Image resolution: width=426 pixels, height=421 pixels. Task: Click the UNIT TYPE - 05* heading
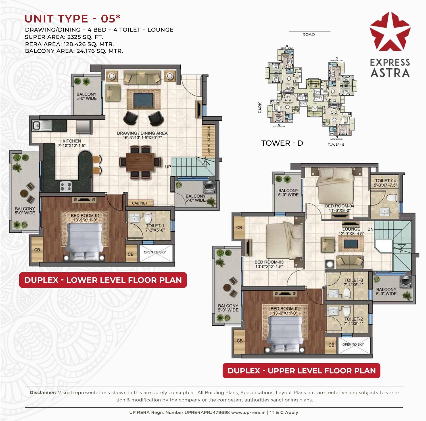click(72, 19)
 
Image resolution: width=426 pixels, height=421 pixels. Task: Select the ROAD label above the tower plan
click(309, 34)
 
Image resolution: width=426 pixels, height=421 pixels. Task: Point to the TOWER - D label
click(282, 143)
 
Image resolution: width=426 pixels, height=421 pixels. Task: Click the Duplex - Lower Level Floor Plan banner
click(103, 280)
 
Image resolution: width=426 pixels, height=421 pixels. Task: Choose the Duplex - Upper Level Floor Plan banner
click(301, 371)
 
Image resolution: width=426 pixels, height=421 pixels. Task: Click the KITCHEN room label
click(72, 141)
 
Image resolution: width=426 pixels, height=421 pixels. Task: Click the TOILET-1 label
click(155, 226)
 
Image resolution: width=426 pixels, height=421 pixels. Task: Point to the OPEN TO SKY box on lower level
click(155, 252)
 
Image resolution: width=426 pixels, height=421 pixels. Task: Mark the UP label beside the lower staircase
click(168, 167)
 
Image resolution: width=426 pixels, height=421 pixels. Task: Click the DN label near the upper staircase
click(370, 229)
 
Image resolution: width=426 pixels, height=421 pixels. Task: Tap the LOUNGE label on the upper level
click(351, 229)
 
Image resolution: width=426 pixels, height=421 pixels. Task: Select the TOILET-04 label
click(385, 181)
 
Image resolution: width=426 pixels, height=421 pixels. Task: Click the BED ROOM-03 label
click(269, 262)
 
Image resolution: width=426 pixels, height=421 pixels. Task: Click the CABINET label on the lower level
click(140, 203)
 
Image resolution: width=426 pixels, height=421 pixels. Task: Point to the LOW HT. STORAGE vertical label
click(209, 141)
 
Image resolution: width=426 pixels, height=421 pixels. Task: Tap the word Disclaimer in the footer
click(43, 393)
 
